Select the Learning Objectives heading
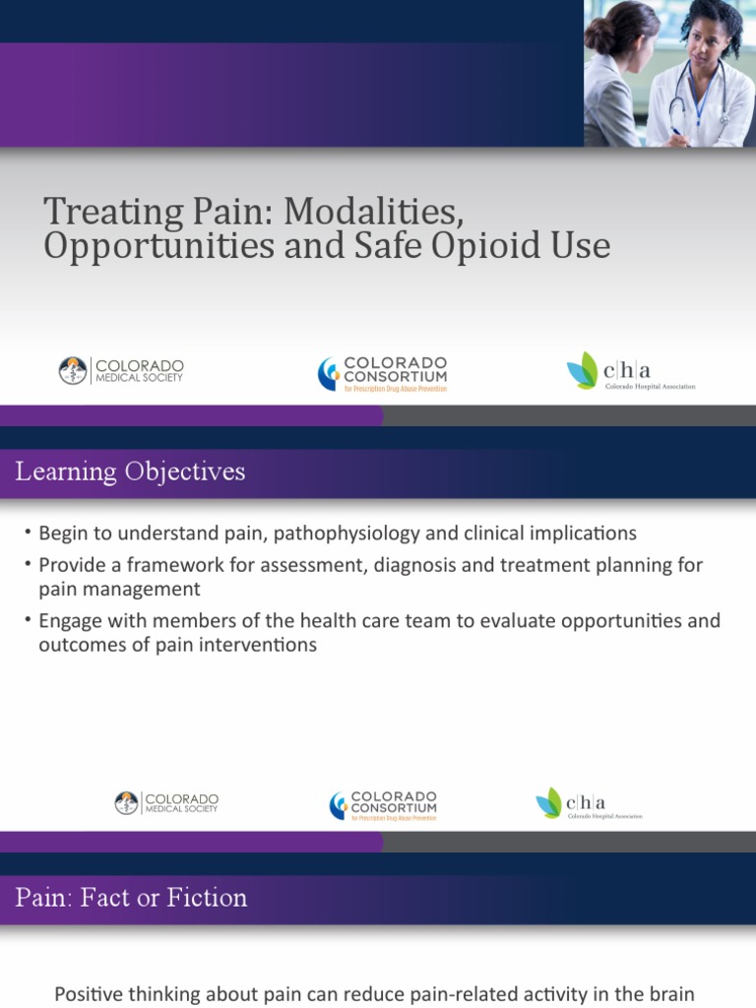tap(130, 472)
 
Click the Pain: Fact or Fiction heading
tap(131, 898)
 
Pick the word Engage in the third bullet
tap(70, 621)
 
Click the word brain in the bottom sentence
tap(672, 995)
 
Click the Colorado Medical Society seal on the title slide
tap(73, 371)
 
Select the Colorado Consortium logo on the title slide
tap(382, 374)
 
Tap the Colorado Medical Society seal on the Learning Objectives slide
tap(126, 803)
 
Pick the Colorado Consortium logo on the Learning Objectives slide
tap(383, 805)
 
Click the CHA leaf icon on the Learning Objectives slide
tap(548, 802)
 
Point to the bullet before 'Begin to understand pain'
tap(30, 535)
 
